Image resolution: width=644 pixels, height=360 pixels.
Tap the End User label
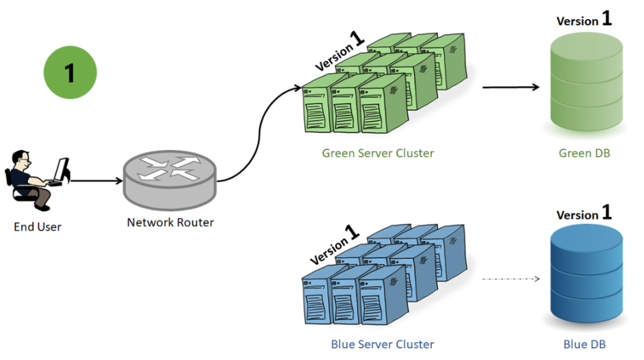click(x=38, y=227)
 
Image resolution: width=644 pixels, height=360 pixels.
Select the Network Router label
click(x=170, y=222)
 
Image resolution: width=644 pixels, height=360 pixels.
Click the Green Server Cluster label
click(x=378, y=153)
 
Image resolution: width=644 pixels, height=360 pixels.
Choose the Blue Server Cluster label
click(x=382, y=344)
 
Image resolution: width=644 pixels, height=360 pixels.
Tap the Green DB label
click(x=584, y=153)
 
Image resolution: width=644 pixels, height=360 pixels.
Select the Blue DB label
click(x=584, y=344)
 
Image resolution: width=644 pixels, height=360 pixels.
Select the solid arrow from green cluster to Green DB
click(x=511, y=88)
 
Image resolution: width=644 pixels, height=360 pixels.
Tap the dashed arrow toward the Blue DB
click(x=511, y=279)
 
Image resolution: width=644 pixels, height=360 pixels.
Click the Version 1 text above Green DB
click(x=584, y=20)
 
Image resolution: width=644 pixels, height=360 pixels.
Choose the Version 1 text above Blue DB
click(x=584, y=214)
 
